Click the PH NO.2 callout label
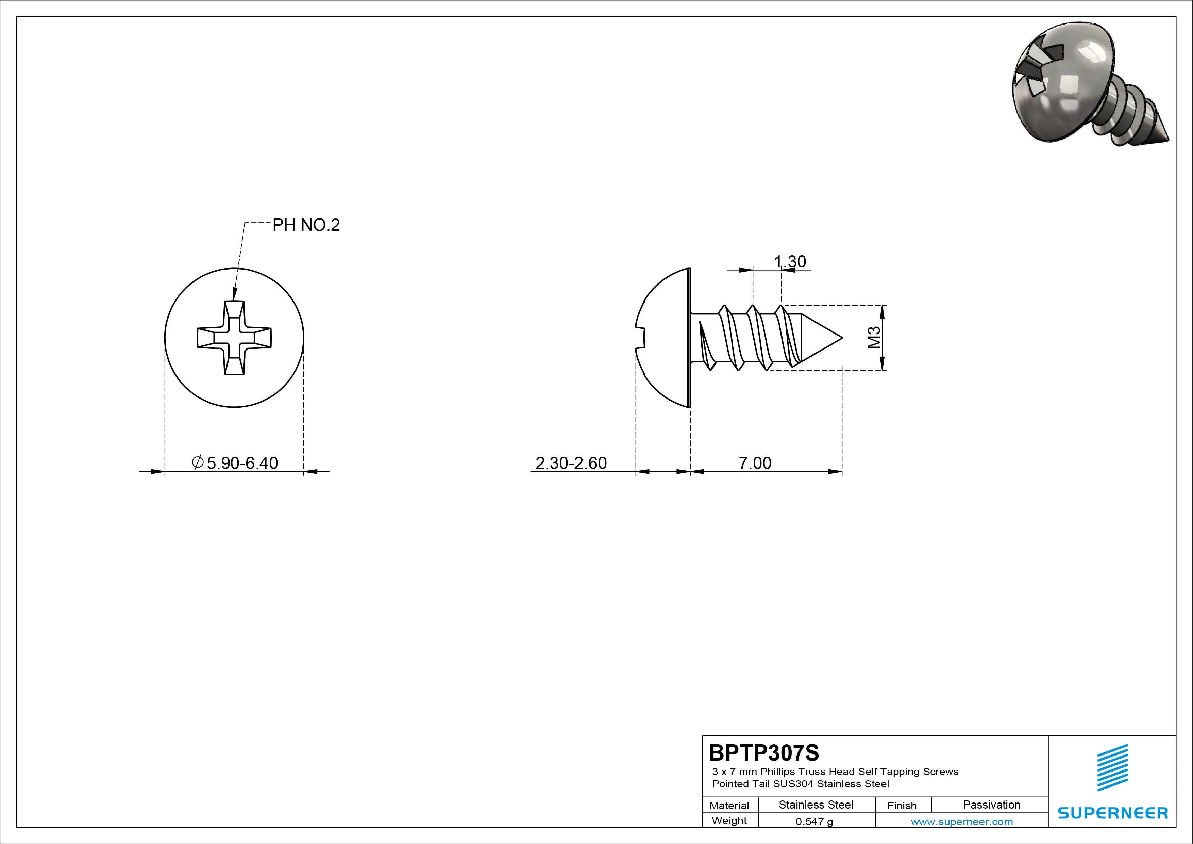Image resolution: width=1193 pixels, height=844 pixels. (x=306, y=225)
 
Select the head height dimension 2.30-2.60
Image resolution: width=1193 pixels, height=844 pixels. (x=571, y=463)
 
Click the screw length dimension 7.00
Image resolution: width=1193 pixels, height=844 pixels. (x=755, y=463)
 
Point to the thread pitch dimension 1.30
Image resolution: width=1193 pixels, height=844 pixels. (x=790, y=262)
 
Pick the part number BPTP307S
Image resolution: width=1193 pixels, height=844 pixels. (x=764, y=752)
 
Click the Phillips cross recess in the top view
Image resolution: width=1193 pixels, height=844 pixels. (x=234, y=338)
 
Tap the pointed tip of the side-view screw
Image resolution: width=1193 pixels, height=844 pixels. (x=842, y=338)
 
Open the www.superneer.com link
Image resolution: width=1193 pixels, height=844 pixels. (x=962, y=822)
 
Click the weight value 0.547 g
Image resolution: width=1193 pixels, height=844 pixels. (x=814, y=822)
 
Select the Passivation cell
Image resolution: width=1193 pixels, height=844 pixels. (x=991, y=805)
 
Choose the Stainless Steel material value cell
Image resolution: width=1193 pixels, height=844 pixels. (x=816, y=805)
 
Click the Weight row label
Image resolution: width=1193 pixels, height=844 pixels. (x=729, y=821)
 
